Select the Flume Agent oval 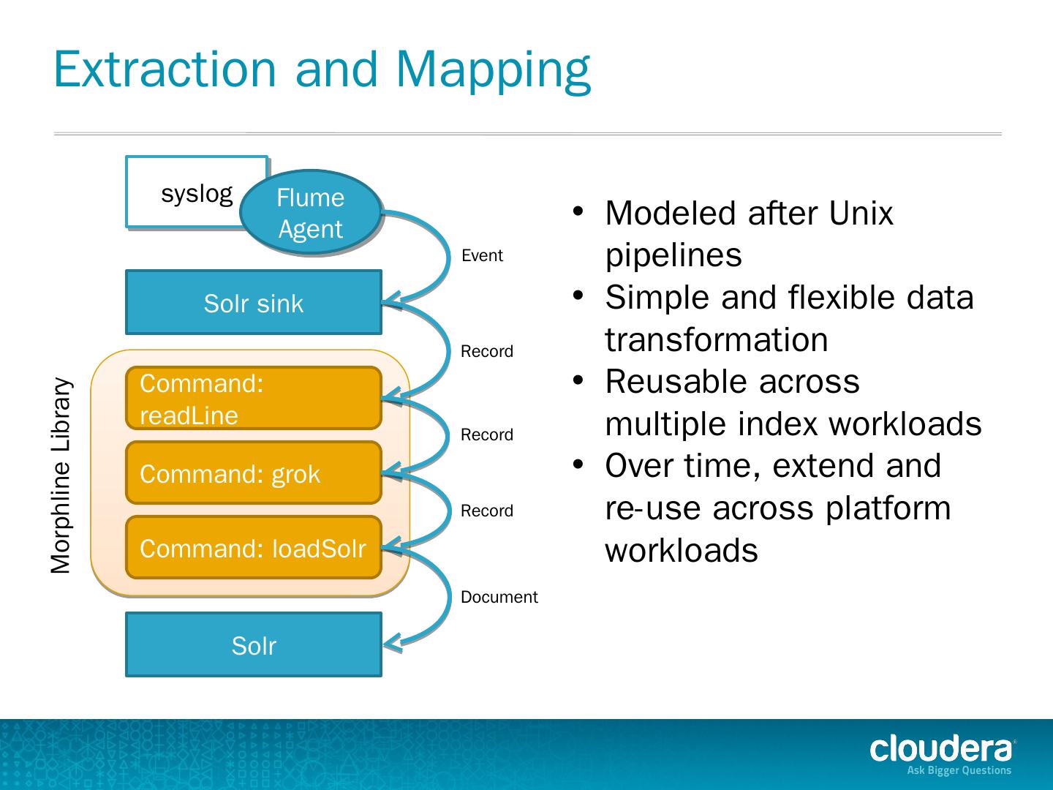[x=311, y=213]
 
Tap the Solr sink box [x=253, y=303]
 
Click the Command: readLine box [x=253, y=399]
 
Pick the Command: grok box [x=253, y=473]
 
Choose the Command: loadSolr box [x=253, y=548]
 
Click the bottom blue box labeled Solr [x=253, y=645]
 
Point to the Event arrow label [x=482, y=256]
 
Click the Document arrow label [x=499, y=598]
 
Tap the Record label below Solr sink [x=486, y=352]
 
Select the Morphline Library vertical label [x=61, y=475]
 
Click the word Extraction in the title [x=165, y=69]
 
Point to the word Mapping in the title [x=493, y=69]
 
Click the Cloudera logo [x=942, y=749]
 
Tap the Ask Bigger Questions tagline [x=959, y=770]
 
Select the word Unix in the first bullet [x=861, y=214]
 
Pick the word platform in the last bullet [x=888, y=508]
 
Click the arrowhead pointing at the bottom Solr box [x=391, y=643]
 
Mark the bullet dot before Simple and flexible [x=578, y=296]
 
